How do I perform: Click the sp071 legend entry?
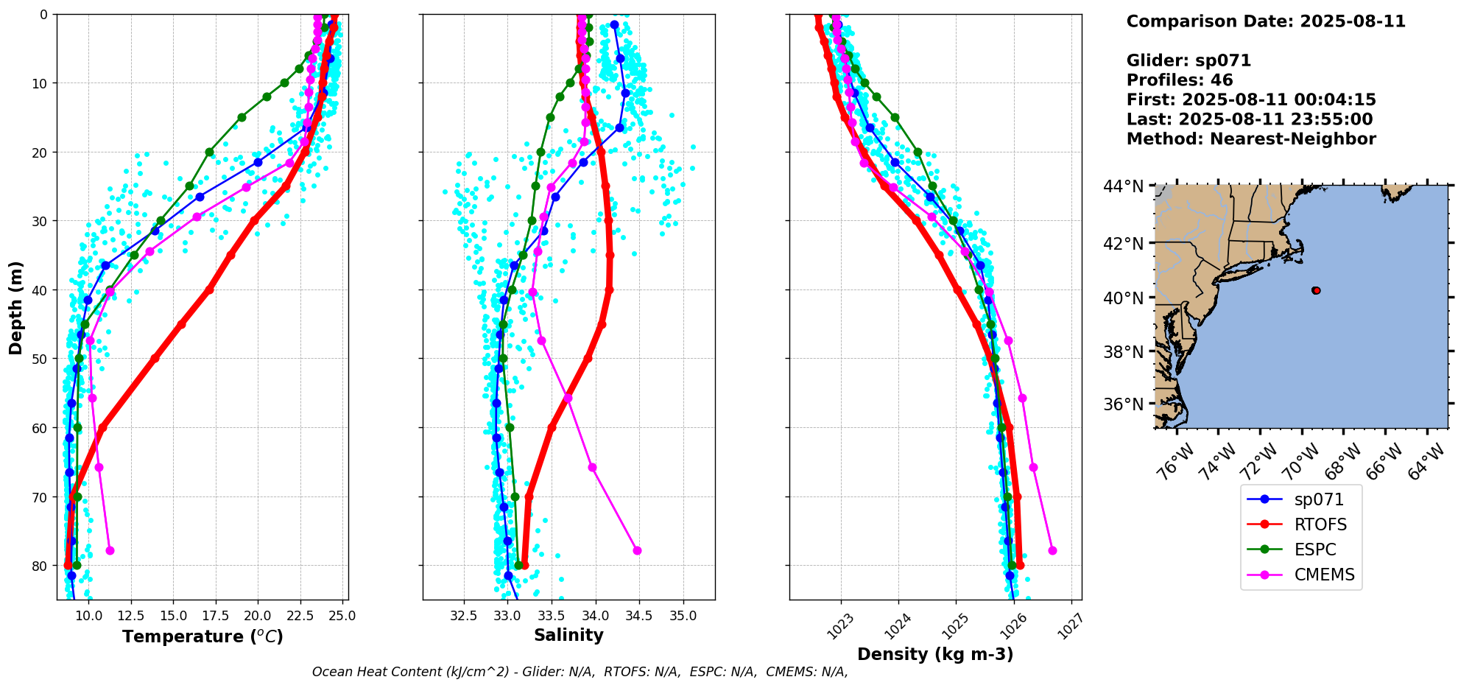point(1318,499)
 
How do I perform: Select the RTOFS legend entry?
point(1320,524)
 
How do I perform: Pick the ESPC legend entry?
point(1314,550)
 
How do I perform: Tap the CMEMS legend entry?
point(1324,575)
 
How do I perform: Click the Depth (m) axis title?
point(16,307)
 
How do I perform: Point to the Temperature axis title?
point(202,636)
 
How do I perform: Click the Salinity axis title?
point(568,635)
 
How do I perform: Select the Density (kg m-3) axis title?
point(935,654)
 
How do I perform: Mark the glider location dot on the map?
point(1316,290)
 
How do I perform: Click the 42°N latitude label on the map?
point(1127,243)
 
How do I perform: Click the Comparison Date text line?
point(1266,21)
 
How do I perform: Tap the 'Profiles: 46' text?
point(1180,80)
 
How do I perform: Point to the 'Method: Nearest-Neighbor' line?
point(1251,139)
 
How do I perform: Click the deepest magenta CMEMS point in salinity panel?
point(637,550)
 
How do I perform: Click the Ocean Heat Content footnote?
point(580,672)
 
